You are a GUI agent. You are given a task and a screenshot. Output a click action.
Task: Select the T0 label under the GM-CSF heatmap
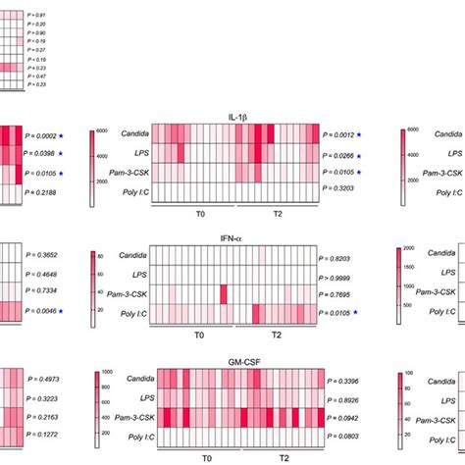point(207,457)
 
